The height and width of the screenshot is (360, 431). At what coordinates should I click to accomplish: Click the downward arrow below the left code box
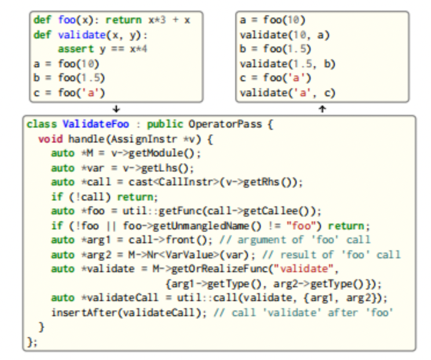pyautogui.click(x=116, y=109)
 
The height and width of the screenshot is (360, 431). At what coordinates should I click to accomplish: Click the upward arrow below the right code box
pyautogui.click(x=323, y=109)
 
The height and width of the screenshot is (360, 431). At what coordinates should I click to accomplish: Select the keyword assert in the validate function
pyautogui.click(x=76, y=49)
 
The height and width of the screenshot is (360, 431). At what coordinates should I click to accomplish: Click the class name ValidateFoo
pyautogui.click(x=96, y=124)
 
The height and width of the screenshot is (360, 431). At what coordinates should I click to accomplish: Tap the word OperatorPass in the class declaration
pyautogui.click(x=225, y=124)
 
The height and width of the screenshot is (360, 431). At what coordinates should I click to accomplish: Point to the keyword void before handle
pyautogui.click(x=50, y=139)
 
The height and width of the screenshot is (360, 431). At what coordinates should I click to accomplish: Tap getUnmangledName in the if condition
pyautogui.click(x=200, y=226)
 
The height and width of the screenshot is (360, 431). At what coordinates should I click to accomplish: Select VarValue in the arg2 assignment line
pyautogui.click(x=189, y=255)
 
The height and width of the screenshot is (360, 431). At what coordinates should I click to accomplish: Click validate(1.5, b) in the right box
pyautogui.click(x=287, y=64)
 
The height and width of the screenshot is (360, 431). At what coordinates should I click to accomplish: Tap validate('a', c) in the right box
pyautogui.click(x=287, y=93)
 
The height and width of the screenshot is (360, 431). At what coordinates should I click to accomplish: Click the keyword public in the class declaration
pyautogui.click(x=165, y=124)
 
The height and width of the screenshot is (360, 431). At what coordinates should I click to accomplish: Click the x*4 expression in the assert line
pyautogui.click(x=138, y=49)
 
